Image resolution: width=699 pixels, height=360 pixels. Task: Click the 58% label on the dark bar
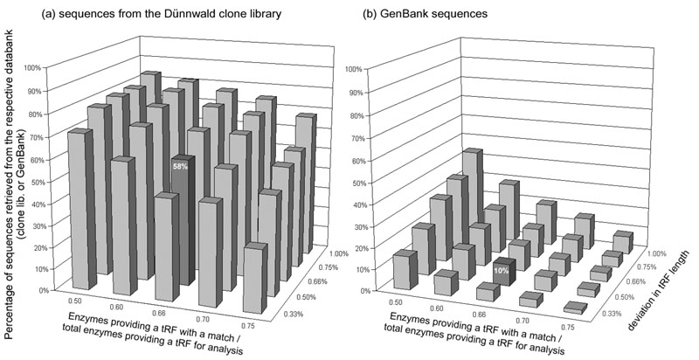tap(178, 164)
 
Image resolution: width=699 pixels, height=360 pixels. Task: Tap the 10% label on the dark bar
tap(501, 271)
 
